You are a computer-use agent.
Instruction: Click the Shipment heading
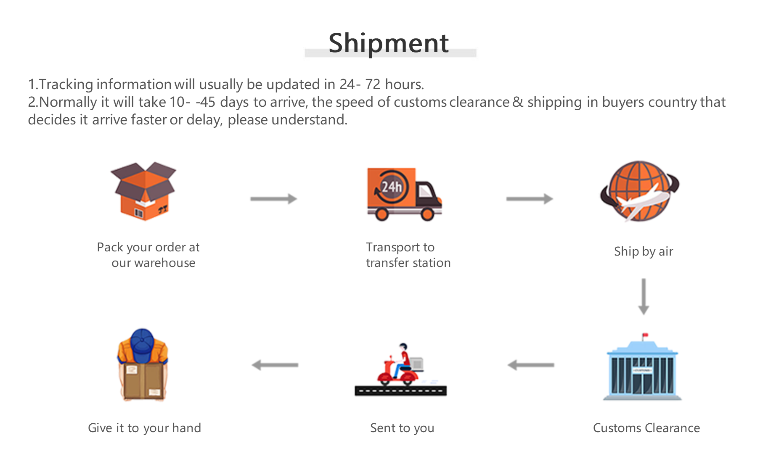[389, 43]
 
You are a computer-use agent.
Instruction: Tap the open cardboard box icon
[143, 191]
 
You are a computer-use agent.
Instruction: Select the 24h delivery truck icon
[404, 194]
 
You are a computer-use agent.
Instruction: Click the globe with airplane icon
[640, 191]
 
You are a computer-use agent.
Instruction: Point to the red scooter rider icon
[401, 370]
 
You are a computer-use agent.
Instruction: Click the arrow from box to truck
[274, 199]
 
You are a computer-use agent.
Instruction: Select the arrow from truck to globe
[530, 199]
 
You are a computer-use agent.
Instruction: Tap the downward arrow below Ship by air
[644, 297]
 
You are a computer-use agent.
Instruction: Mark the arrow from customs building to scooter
[531, 365]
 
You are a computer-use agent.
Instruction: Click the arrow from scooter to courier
[275, 365]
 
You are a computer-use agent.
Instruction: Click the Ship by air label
[644, 251]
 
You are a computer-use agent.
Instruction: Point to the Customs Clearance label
[646, 428]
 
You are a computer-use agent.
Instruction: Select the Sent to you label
[402, 428]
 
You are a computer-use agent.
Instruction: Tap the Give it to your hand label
[144, 428]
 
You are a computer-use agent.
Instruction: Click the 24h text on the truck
[392, 187]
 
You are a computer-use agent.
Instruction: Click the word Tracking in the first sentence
[66, 84]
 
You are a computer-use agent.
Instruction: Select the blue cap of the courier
[142, 346]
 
